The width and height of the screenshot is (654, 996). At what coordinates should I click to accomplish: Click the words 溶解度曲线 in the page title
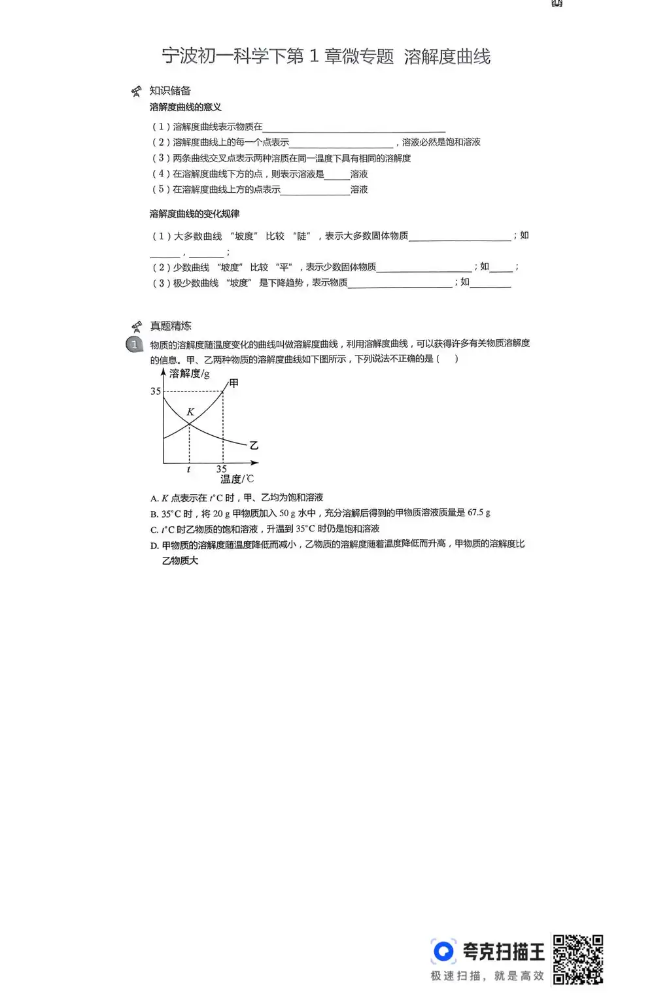(x=447, y=57)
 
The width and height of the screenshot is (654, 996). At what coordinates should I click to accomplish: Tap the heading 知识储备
(x=170, y=91)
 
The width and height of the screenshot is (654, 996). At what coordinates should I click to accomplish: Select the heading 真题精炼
(x=171, y=325)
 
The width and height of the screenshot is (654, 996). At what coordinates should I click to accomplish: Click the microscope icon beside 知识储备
(x=136, y=91)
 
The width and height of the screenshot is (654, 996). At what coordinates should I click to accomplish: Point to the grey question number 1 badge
(x=135, y=344)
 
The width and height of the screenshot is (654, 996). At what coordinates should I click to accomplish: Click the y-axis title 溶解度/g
(x=189, y=373)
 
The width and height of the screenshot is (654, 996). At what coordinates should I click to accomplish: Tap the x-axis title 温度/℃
(x=236, y=479)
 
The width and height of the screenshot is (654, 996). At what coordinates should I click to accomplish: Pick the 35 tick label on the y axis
(x=156, y=391)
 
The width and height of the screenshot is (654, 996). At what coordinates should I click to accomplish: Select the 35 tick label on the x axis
(x=222, y=469)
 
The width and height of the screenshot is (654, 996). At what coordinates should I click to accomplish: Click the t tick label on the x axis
(x=188, y=469)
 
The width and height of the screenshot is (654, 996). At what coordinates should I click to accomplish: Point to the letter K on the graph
(x=190, y=412)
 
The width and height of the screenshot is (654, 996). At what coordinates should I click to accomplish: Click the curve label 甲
(x=233, y=384)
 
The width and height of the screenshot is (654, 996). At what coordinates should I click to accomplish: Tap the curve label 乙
(x=254, y=446)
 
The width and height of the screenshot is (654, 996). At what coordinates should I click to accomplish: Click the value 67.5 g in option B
(x=479, y=513)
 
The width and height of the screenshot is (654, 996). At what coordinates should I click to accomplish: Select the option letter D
(x=154, y=545)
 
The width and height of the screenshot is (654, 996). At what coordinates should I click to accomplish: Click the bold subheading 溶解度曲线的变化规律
(x=194, y=214)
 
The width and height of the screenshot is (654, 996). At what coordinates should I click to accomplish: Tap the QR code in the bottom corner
(x=577, y=959)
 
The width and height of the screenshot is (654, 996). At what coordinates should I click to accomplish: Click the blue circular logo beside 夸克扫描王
(x=443, y=951)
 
